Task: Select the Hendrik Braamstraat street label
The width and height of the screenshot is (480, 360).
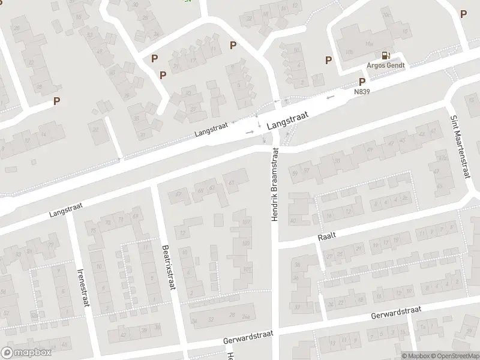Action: (x=274, y=187)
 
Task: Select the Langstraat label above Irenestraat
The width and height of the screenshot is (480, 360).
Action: (x=65, y=210)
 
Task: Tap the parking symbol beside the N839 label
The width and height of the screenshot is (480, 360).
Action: (x=362, y=82)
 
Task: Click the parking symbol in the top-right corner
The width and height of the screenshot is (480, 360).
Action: (x=463, y=13)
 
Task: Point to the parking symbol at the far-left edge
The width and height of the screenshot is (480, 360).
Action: (x=56, y=101)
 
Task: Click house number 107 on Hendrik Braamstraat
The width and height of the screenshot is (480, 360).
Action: (x=245, y=223)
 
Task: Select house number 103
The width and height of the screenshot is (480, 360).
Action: (x=245, y=243)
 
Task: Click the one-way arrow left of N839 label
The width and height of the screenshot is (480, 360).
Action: (x=331, y=97)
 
